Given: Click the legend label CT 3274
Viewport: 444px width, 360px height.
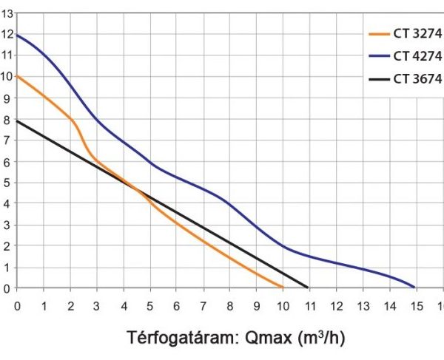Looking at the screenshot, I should [x=417, y=33].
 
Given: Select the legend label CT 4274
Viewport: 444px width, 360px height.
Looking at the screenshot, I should [x=417, y=55].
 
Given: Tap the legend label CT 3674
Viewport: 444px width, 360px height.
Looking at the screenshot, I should [x=417, y=79].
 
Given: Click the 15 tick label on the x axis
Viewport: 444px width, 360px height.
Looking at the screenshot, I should [x=415, y=305].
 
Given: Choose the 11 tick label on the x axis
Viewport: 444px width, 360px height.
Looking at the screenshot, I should [x=309, y=305].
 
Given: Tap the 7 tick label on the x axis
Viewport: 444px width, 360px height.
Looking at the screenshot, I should [x=203, y=305].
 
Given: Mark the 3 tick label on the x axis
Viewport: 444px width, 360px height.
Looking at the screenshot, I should [x=97, y=305].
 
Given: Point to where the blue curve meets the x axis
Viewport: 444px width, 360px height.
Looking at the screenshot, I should [x=414, y=288].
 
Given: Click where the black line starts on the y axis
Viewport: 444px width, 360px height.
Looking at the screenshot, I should [x=17, y=120].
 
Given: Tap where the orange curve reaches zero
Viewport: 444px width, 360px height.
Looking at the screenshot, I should [x=283, y=288].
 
